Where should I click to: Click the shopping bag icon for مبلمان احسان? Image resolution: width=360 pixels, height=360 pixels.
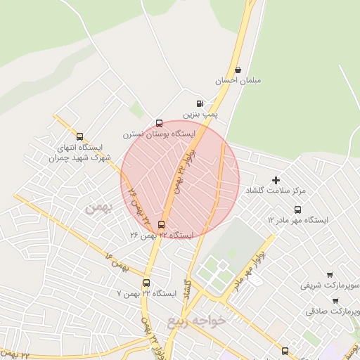pyautogui.click(x=239, y=70)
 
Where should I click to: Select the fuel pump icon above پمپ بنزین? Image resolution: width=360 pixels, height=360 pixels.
pyautogui.click(x=201, y=102)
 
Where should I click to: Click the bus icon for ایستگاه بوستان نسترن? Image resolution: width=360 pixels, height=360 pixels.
pyautogui.click(x=160, y=122)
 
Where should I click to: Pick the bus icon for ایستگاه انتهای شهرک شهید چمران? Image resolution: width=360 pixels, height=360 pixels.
pyautogui.click(x=79, y=137)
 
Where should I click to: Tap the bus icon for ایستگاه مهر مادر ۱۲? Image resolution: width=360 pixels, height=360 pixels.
pyautogui.click(x=298, y=210)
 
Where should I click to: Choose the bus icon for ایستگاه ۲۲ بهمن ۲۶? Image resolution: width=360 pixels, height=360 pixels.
pyautogui.click(x=162, y=225)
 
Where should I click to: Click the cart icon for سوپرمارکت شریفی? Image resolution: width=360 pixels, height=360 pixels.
pyautogui.click(x=330, y=274)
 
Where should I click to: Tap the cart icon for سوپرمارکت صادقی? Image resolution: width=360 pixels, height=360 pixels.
pyautogui.click(x=335, y=300)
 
